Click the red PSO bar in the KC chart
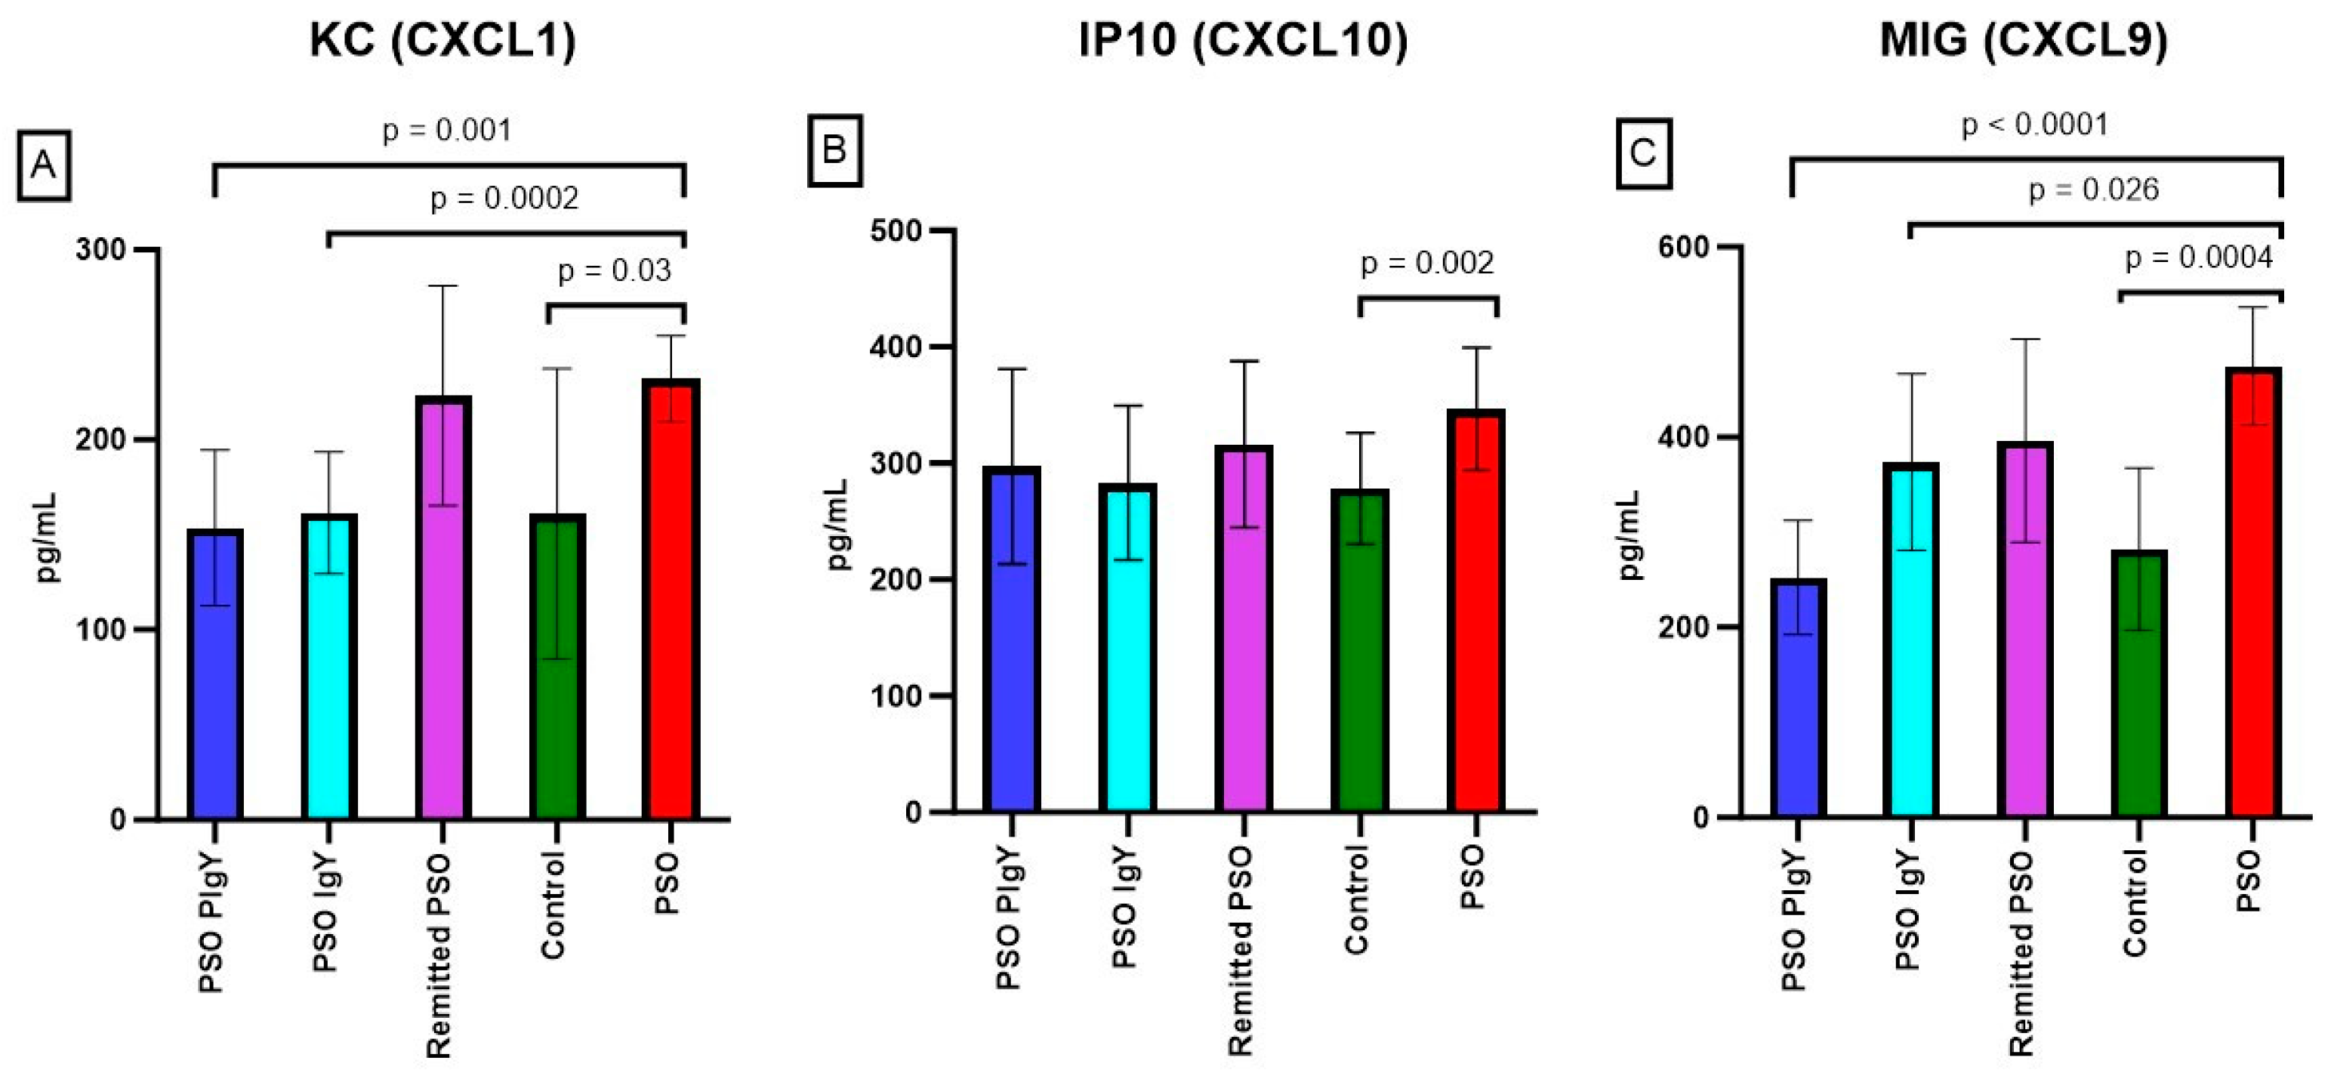click(x=671, y=598)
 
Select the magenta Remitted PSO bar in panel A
click(x=444, y=607)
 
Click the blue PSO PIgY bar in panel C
click(x=1799, y=698)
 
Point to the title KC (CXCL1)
click(x=442, y=41)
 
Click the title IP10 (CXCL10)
click(x=1243, y=41)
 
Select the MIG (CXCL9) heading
click(x=2023, y=41)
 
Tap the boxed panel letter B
click(x=834, y=150)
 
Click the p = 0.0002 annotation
click(x=504, y=199)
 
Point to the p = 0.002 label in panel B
click(x=1426, y=264)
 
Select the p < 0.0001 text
click(x=2034, y=124)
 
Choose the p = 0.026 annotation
click(x=2093, y=190)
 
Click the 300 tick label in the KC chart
click(x=100, y=249)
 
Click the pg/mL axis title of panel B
click(x=838, y=525)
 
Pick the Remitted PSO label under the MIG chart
click(x=2021, y=954)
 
